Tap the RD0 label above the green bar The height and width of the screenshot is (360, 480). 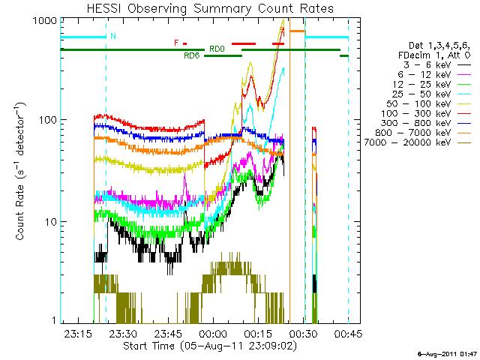click(217, 49)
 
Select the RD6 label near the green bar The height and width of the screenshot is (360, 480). click(191, 55)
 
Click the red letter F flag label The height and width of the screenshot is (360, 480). click(176, 43)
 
